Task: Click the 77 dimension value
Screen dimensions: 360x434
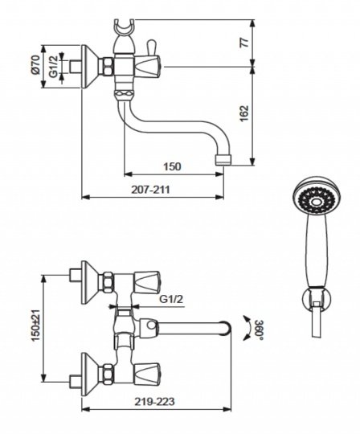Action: [x=245, y=43]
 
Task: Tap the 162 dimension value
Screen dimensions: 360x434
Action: [x=244, y=113]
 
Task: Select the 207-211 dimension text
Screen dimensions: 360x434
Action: [x=150, y=190]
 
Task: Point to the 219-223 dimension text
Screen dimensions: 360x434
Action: [x=154, y=401]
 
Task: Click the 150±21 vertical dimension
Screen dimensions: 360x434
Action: [x=35, y=325]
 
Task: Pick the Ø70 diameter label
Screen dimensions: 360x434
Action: [x=35, y=64]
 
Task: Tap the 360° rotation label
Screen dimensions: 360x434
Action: [x=259, y=330]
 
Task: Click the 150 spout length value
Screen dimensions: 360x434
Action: [x=172, y=166]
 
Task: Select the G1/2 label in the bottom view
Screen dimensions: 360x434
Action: [x=171, y=299]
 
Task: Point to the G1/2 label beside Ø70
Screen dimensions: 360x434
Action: [x=53, y=67]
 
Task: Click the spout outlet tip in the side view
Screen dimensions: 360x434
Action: [x=223, y=160]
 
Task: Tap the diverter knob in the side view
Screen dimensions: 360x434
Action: [x=151, y=47]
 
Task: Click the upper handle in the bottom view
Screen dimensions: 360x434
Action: [x=147, y=282]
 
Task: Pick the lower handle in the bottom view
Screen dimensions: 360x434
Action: [x=147, y=374]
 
